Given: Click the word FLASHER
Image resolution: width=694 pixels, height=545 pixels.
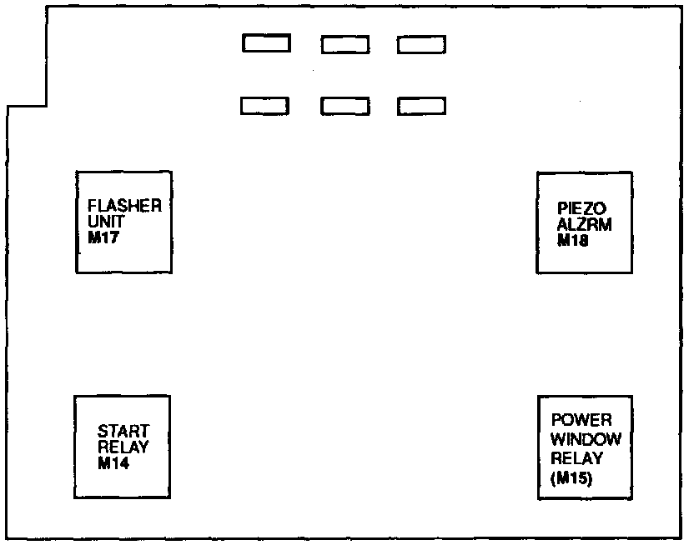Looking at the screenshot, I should pos(124,206).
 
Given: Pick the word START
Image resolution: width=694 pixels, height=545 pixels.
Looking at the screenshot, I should pos(123,432).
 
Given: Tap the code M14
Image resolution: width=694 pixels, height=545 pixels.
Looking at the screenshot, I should pos(113,464).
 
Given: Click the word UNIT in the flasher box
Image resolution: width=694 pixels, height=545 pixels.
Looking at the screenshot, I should pos(104,222).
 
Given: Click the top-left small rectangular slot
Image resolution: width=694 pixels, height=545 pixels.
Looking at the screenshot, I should pos(266,43).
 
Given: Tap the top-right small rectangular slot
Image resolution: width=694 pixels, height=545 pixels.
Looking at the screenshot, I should pos(421,44).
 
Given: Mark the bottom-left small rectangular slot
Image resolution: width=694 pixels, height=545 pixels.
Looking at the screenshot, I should pos(265,106).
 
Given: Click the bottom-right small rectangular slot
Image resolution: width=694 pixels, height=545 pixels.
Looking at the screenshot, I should pos(421,107).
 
